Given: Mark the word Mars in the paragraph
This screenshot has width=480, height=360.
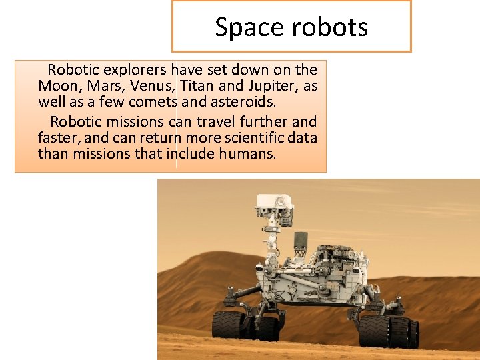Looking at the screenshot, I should coord(103,87).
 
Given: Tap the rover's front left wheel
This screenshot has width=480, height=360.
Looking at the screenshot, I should coord(229,325).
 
